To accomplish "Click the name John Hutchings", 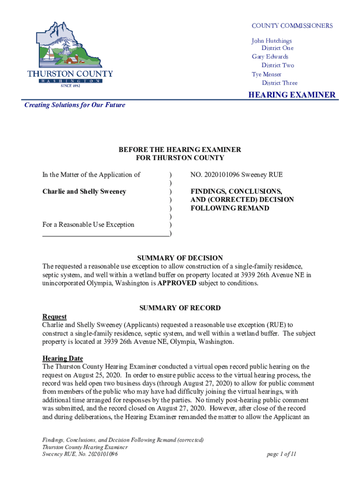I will point(272,41).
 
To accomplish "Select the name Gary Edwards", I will point(270,57).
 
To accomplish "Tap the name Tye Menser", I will point(266,74).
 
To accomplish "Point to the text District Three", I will point(279,83).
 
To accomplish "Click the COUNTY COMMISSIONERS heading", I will point(292,26).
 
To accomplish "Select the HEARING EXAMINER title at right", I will point(291,95).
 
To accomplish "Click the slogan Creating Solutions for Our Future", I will point(75,105).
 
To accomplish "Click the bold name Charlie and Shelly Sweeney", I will point(84,191).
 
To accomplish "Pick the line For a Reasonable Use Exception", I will point(88,225).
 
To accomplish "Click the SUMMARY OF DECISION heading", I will point(180,258).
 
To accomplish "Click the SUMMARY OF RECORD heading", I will point(180,308).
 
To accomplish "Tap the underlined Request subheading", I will point(54,317).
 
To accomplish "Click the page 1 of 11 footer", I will point(281,454).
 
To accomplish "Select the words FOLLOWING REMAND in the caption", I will point(230,208).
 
